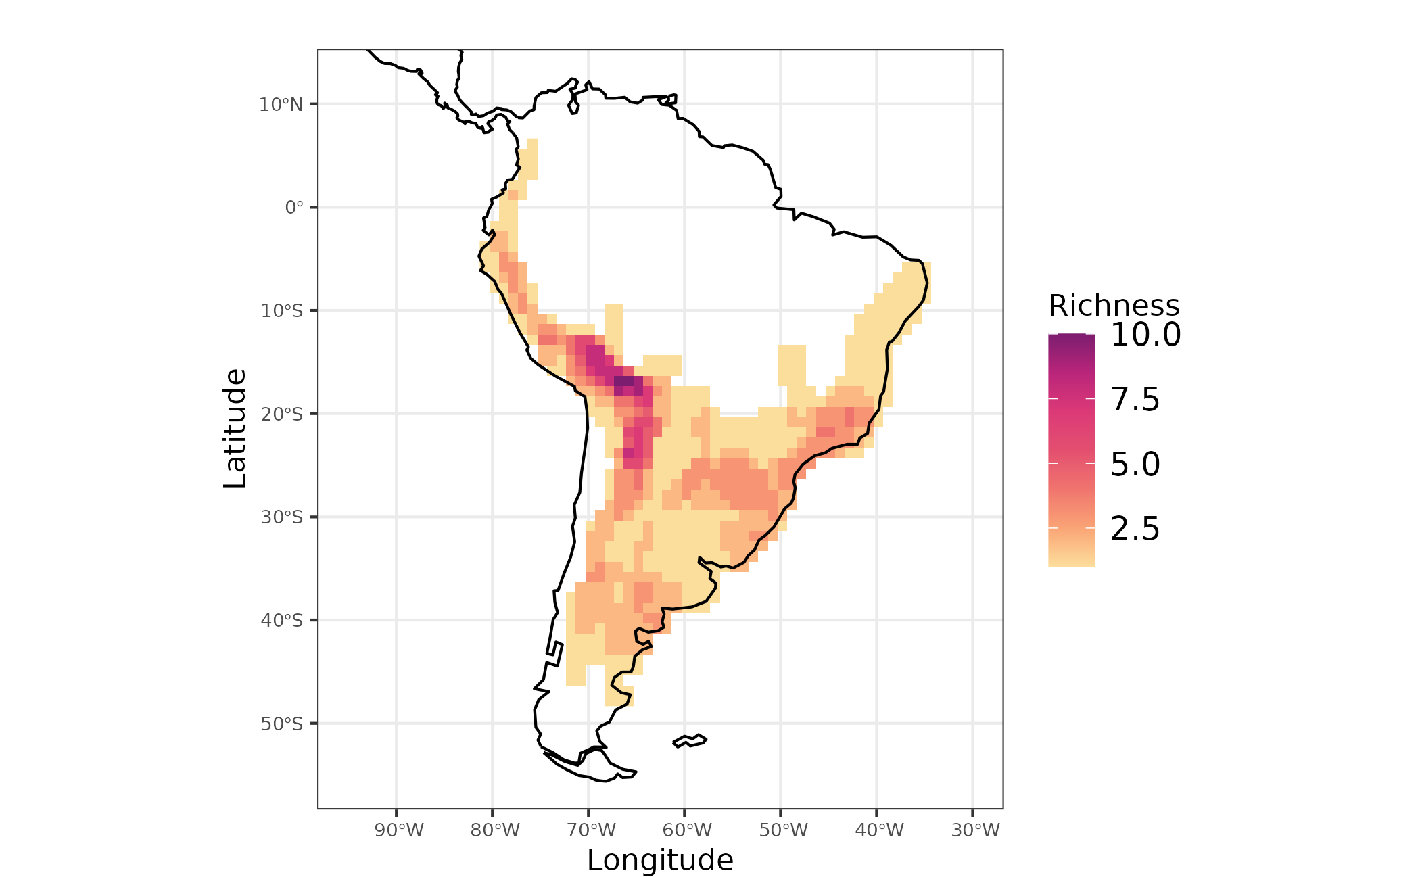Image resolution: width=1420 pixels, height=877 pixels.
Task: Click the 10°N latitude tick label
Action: (x=281, y=105)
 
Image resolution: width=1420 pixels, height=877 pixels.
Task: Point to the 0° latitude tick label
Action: (x=294, y=208)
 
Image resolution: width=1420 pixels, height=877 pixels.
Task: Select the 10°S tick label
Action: (x=281, y=311)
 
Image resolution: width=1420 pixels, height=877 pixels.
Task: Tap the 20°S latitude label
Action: (x=281, y=414)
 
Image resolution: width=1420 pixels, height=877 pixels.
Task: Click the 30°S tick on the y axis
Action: (x=281, y=517)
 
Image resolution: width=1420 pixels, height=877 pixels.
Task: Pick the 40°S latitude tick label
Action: (x=281, y=621)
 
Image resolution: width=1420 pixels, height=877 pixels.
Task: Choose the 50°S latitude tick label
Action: (x=281, y=724)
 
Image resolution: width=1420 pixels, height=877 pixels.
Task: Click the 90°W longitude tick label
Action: (x=399, y=830)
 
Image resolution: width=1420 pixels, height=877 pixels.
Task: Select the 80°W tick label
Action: (x=495, y=830)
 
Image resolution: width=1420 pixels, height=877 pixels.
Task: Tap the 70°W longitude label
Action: (x=591, y=830)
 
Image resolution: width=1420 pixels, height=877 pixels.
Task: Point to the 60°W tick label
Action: (x=687, y=830)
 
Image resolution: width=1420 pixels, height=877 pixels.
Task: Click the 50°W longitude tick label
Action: (x=783, y=830)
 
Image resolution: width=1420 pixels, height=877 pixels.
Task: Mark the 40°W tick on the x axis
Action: (x=879, y=830)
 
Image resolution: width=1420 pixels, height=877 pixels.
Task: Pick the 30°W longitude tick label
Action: (x=975, y=830)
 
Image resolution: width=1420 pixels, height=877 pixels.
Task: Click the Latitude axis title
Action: (x=235, y=429)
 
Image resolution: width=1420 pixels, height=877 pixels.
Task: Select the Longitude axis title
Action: (x=660, y=861)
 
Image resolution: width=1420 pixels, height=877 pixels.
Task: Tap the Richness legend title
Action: (x=1114, y=306)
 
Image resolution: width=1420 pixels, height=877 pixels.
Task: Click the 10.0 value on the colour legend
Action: (x=1145, y=335)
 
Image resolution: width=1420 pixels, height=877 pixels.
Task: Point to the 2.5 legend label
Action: (x=1135, y=529)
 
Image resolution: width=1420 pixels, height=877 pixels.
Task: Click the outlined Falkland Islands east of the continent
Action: (x=690, y=740)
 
